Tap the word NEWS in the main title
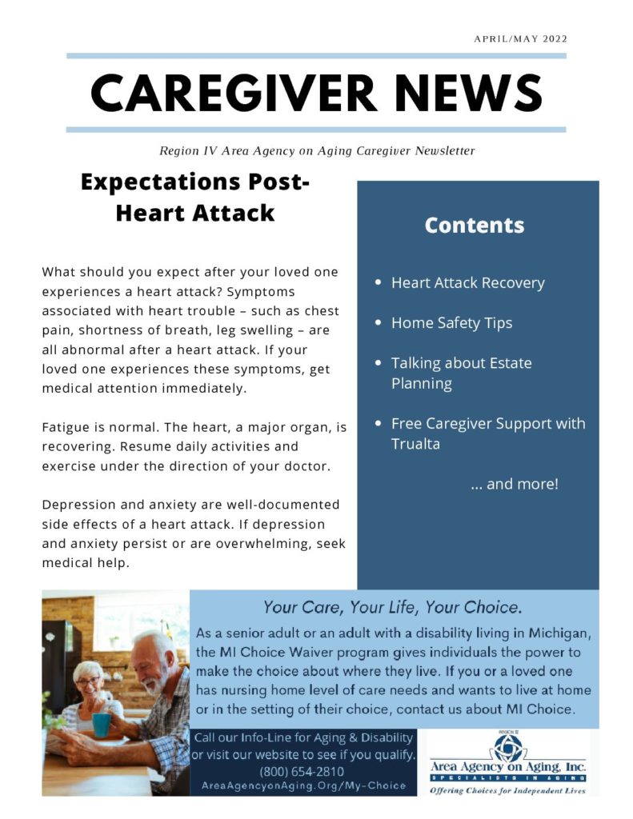pyautogui.click(x=467, y=93)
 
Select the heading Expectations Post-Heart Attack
pyautogui.click(x=194, y=198)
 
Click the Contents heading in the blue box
pyautogui.click(x=474, y=226)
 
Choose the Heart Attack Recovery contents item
pyautogui.click(x=467, y=282)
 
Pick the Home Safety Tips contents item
pyautogui.click(x=451, y=323)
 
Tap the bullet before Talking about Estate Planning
pyautogui.click(x=378, y=363)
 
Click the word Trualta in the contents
pyautogui.click(x=415, y=444)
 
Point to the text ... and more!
pyautogui.click(x=514, y=484)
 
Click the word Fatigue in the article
pyautogui.click(x=67, y=428)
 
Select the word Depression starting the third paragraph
pyautogui.click(x=78, y=505)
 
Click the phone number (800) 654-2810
pyautogui.click(x=302, y=772)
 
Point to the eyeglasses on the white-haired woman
pyautogui.click(x=88, y=681)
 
